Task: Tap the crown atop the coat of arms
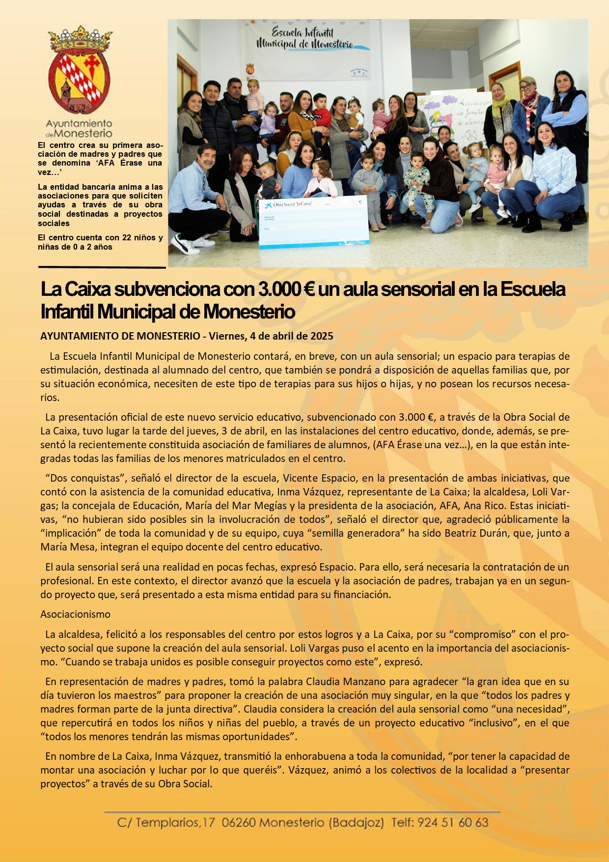click(80, 39)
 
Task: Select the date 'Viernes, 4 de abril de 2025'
click(271, 336)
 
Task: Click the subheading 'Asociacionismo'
click(75, 614)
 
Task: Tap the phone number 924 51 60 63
click(452, 823)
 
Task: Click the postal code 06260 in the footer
click(238, 823)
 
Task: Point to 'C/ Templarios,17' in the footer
click(166, 823)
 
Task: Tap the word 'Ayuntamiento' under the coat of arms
click(79, 124)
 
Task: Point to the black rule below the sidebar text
click(102, 268)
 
